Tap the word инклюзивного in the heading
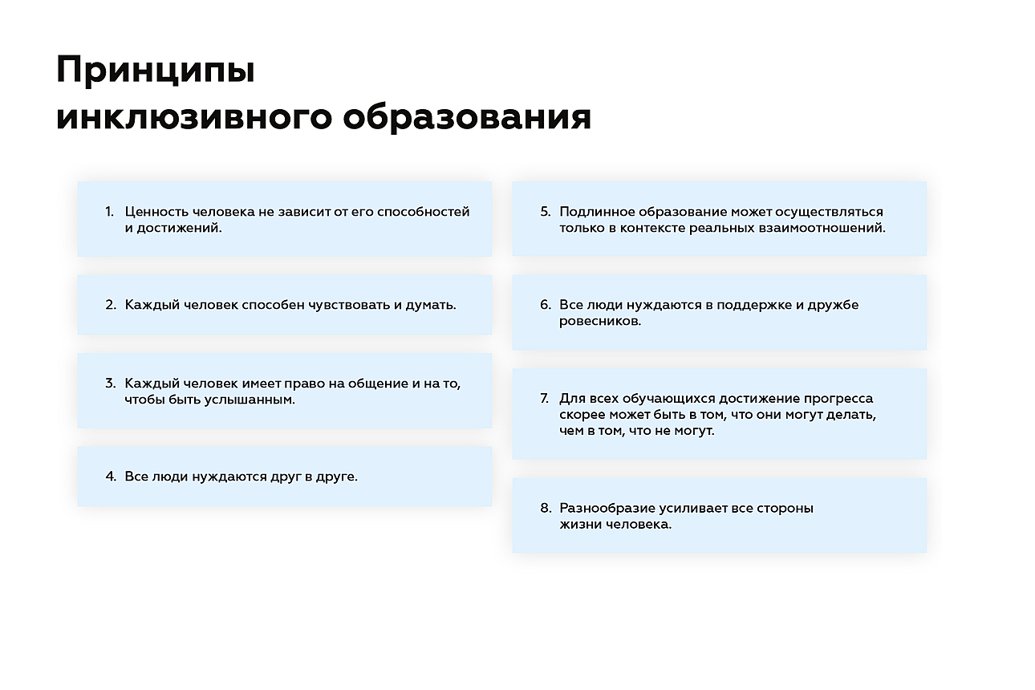tap(193, 118)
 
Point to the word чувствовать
tap(346, 305)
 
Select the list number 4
tap(111, 477)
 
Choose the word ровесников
tap(600, 321)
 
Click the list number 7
tap(545, 399)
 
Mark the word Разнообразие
tap(609, 509)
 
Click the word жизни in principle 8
tap(578, 525)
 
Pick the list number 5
tap(545, 212)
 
